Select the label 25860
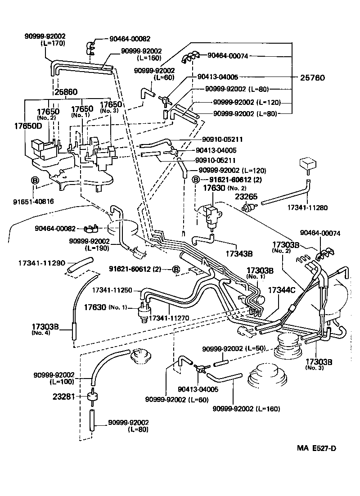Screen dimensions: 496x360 coord(66,92)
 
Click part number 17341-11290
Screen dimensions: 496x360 coord(42,262)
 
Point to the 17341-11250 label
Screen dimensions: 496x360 coord(112,291)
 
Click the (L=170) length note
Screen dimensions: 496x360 coord(53,43)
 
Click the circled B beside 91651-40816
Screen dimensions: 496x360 coord(35,180)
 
